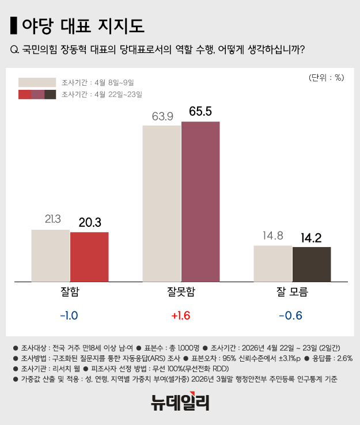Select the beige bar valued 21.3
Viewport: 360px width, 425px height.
point(51,255)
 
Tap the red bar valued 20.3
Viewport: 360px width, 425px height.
point(89,256)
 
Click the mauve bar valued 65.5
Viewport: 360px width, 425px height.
point(200,202)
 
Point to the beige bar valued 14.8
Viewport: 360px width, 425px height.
point(273,263)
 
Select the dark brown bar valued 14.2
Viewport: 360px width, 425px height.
point(312,264)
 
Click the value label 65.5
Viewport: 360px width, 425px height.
point(200,111)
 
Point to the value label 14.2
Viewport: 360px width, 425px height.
point(312,237)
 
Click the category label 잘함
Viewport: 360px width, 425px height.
point(70,291)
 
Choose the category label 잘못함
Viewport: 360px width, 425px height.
point(181,291)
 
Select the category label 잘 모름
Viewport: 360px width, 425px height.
point(292,291)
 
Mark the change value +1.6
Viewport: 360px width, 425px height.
point(181,316)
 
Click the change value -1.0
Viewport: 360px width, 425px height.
point(69,316)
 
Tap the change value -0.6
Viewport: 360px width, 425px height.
point(290,316)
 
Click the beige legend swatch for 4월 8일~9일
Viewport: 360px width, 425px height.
point(37,82)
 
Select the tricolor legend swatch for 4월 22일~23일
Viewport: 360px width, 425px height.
point(37,94)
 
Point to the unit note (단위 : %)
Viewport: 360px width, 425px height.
point(326,77)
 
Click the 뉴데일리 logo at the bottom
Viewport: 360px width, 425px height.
point(180,402)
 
